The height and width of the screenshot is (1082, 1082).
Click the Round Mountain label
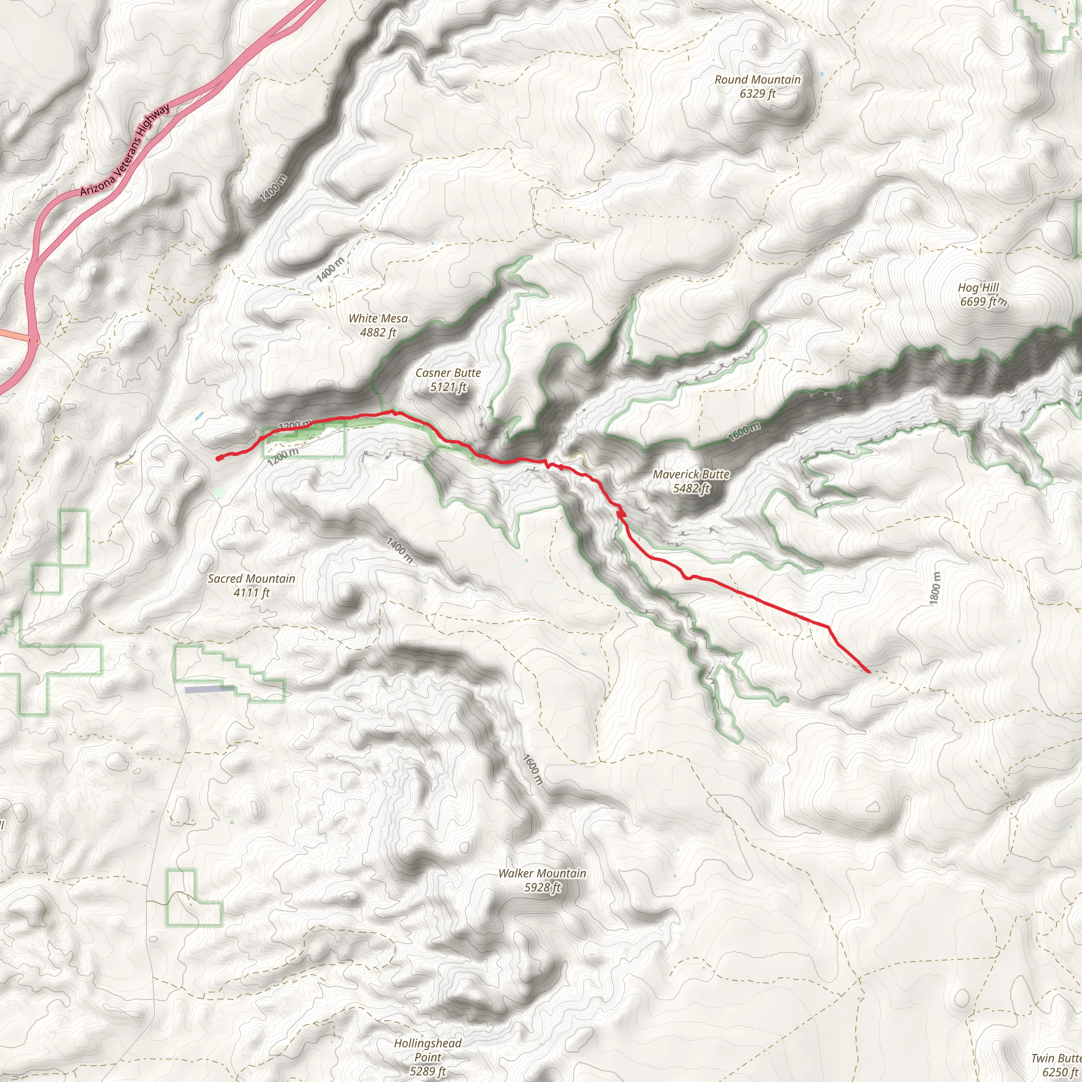(x=757, y=80)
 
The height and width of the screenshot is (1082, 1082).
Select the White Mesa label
(x=378, y=319)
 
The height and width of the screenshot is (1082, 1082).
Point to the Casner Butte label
(x=448, y=373)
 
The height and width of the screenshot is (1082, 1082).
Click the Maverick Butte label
(x=691, y=474)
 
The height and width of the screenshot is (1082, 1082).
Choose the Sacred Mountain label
(x=251, y=579)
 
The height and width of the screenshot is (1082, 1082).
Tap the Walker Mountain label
(x=542, y=873)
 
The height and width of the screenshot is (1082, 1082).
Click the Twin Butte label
(x=1056, y=1058)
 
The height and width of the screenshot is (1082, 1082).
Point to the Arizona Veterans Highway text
(x=124, y=150)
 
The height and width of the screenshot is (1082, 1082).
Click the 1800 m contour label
(x=935, y=588)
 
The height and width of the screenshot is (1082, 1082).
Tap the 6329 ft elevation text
(x=757, y=94)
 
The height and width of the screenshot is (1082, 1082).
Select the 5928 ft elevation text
(x=542, y=888)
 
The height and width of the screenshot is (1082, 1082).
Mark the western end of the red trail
(x=218, y=459)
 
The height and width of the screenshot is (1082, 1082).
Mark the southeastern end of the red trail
(x=869, y=671)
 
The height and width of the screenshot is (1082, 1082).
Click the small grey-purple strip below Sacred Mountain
(x=209, y=689)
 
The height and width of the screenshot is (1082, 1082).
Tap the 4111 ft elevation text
(x=251, y=593)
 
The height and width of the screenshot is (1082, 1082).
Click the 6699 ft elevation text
(x=978, y=302)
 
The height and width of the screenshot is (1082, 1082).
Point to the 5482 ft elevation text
(x=691, y=488)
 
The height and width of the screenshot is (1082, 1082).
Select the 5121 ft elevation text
(x=448, y=387)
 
